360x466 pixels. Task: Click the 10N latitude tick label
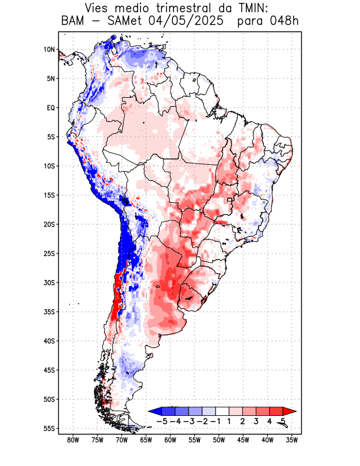point(49,50)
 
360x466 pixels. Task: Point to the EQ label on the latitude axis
point(51,108)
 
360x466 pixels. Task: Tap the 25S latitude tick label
point(49,253)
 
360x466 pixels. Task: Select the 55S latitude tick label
point(49,428)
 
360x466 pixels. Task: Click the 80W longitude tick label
point(73,440)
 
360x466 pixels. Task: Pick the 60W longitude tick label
point(170,440)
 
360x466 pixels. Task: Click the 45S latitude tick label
point(49,370)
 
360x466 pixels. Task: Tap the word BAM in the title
point(73,22)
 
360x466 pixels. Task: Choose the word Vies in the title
point(100,9)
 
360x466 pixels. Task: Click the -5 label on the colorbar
point(162,421)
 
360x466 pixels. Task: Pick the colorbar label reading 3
point(256,421)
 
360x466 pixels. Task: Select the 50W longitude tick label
point(218,440)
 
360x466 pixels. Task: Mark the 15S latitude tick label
point(49,195)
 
